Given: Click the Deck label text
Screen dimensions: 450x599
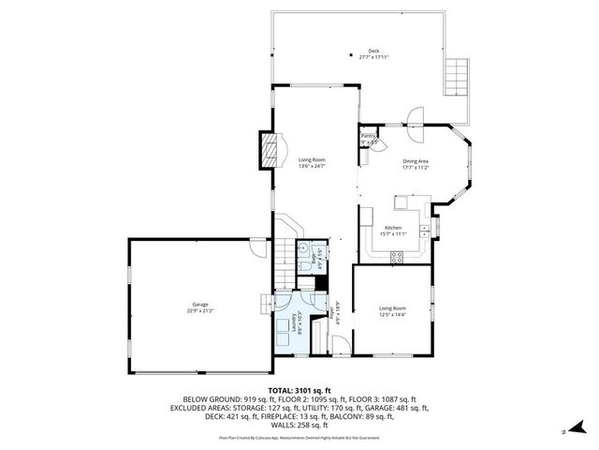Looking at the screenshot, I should click(373, 51).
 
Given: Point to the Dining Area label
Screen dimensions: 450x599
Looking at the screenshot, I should click(416, 161).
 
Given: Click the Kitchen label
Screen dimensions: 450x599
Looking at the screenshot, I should click(394, 228).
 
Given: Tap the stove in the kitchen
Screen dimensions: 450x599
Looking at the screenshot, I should click(396, 259).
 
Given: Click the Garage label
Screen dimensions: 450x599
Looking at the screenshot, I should click(200, 304).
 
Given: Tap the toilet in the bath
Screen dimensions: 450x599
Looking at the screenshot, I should click(305, 267).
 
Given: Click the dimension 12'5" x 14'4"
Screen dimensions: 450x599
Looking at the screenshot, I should click(392, 315).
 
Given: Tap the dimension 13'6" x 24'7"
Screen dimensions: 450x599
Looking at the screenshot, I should click(312, 167).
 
